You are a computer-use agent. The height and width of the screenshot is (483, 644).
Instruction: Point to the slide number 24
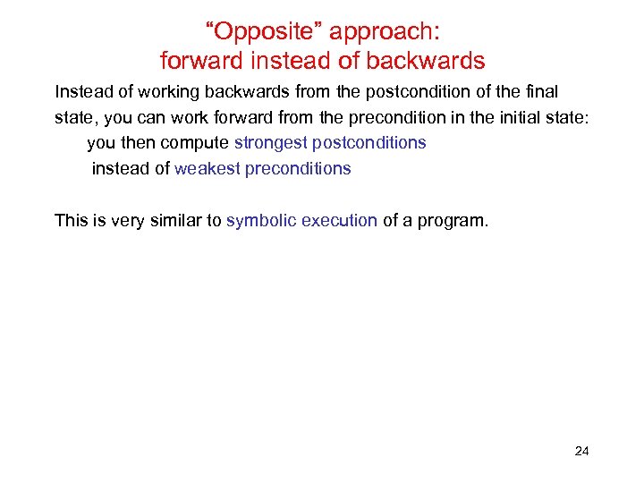pyautogui.click(x=581, y=451)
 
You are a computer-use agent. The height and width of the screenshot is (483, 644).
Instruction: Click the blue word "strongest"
pyautogui.click(x=270, y=142)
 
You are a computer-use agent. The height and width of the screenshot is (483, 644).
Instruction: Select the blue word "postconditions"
pyautogui.click(x=369, y=142)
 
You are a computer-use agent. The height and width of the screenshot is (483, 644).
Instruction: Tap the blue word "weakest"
pyautogui.click(x=208, y=168)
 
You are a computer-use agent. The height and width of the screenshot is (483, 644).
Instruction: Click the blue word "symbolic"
pyautogui.click(x=256, y=220)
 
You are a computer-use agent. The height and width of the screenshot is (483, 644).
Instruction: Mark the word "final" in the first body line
pyautogui.click(x=542, y=91)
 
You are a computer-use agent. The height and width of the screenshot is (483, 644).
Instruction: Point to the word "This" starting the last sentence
pyautogui.click(x=71, y=220)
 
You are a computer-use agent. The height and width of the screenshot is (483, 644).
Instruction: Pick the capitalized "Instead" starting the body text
pyautogui.click(x=80, y=91)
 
